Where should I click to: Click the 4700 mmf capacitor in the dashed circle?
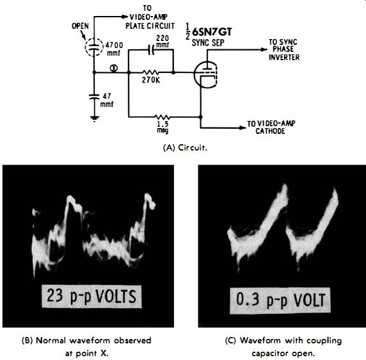(x=94, y=47)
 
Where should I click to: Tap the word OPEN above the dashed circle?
(x=80, y=26)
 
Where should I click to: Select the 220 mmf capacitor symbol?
(x=151, y=50)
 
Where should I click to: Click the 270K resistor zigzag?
(x=150, y=72)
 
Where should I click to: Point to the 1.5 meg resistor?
(x=163, y=117)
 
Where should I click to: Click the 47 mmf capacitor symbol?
(x=94, y=97)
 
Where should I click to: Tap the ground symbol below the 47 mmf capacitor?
(x=94, y=119)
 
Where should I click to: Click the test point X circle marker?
(x=114, y=68)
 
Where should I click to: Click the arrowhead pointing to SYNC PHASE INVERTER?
(x=264, y=49)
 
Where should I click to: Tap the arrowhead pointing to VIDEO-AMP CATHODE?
(x=243, y=127)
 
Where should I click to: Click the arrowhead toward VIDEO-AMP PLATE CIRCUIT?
(x=125, y=17)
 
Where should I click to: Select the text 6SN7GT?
(x=212, y=32)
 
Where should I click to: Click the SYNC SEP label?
(x=208, y=43)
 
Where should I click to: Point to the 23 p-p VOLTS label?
(x=91, y=296)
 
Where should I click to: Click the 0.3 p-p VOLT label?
(x=280, y=300)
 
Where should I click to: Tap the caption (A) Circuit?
(x=185, y=148)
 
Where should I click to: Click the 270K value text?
(x=151, y=80)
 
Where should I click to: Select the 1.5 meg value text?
(x=163, y=127)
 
